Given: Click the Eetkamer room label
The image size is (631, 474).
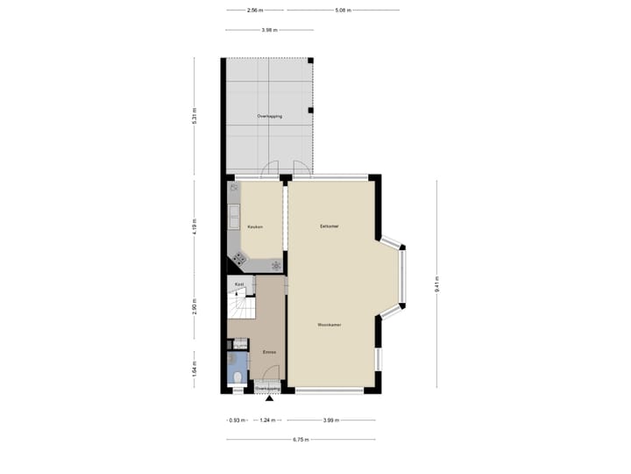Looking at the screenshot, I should pyautogui.click(x=330, y=226).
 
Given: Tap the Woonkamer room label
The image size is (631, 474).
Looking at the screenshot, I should pyautogui.click(x=330, y=325).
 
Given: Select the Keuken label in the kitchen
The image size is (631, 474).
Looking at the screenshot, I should pyautogui.click(x=255, y=226).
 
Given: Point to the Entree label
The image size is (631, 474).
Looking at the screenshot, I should pyautogui.click(x=270, y=352).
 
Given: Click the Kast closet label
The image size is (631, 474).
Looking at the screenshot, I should pyautogui.click(x=238, y=284).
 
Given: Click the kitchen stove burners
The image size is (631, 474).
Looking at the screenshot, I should pyautogui.click(x=239, y=258).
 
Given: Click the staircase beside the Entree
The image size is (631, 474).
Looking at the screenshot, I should pyautogui.click(x=239, y=307).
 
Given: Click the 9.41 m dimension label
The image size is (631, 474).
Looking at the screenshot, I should pyautogui.click(x=436, y=284).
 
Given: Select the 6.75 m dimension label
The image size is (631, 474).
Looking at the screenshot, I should pyautogui.click(x=301, y=440).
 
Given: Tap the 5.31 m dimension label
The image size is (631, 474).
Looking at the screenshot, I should pyautogui.click(x=195, y=116).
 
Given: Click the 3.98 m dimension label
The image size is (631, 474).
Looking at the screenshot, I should pyautogui.click(x=269, y=30).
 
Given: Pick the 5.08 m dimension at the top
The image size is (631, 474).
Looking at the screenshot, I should pyautogui.click(x=343, y=11).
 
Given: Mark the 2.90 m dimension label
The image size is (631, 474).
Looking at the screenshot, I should pyautogui.click(x=195, y=306).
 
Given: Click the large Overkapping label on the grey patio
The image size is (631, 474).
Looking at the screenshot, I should pyautogui.click(x=269, y=116).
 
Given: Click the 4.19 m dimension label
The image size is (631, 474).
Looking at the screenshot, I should pyautogui.click(x=195, y=226).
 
